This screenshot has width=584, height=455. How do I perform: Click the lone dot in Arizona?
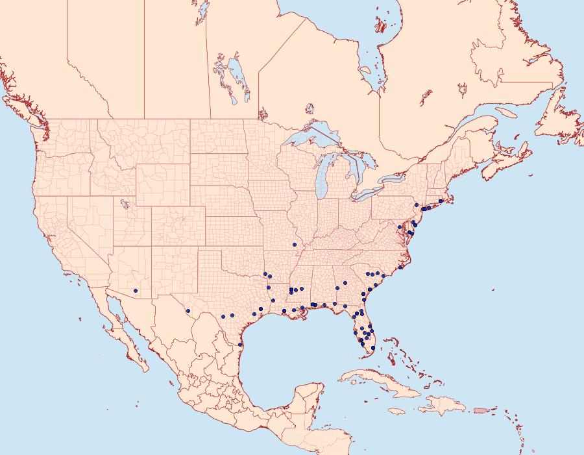(x=136, y=290)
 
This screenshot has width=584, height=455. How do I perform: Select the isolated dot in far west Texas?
(x=188, y=311)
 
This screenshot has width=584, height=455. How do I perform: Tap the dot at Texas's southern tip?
(x=240, y=344)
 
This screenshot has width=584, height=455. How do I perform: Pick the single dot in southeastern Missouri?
(x=295, y=245)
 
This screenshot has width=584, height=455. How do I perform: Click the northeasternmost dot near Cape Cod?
(x=441, y=201)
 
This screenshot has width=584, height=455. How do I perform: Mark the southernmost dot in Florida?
(x=373, y=348)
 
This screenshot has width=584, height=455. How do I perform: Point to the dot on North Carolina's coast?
(x=401, y=267)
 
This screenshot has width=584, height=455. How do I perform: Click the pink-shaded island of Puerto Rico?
(x=481, y=410)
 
